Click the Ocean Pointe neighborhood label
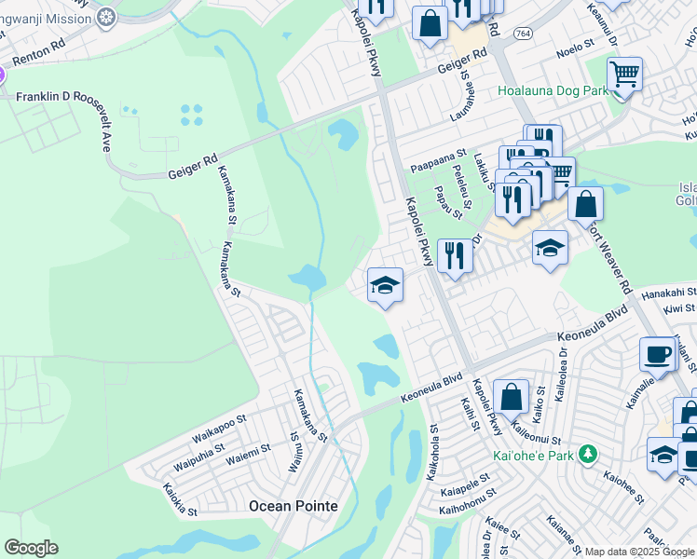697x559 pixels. [x=293, y=505]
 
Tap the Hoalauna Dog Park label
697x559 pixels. [x=553, y=90]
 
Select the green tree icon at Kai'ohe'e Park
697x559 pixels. [x=587, y=454]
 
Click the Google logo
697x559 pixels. [x=31, y=548]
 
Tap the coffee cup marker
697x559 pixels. [x=658, y=355]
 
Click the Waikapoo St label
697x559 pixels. [x=219, y=433]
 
